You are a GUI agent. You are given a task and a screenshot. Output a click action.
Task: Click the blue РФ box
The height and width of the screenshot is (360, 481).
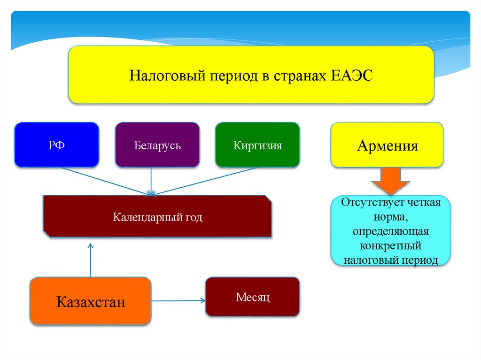coord(56,145)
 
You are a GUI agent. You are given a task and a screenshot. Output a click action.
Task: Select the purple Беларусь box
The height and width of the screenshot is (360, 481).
coord(157,145)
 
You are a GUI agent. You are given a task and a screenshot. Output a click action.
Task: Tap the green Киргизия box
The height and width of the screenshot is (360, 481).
coord(257,145)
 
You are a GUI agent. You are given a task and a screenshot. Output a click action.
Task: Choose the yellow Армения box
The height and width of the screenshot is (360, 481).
coord(387,145)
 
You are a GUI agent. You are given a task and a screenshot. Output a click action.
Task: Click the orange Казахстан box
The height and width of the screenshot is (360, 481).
coord(91,301)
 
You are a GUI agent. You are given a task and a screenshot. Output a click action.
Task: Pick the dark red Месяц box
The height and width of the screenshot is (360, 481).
coord(252,297)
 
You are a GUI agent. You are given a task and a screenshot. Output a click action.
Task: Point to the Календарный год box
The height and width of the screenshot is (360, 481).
coord(157,216)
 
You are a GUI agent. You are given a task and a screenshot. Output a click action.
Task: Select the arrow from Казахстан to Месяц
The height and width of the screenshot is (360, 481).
coord(178,300)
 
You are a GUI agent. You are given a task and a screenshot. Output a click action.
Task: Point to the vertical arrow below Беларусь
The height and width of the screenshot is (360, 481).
coord(151,181)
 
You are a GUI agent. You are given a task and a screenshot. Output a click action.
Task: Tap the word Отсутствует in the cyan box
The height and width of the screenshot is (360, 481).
coord(370,204)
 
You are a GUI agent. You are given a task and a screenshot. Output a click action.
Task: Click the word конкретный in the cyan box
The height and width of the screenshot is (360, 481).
coord(390,245)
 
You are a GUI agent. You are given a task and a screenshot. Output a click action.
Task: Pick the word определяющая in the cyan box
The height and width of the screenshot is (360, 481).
coord(390,232)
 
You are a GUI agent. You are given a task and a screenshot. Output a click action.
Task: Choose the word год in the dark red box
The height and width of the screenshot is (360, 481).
coord(193,217)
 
